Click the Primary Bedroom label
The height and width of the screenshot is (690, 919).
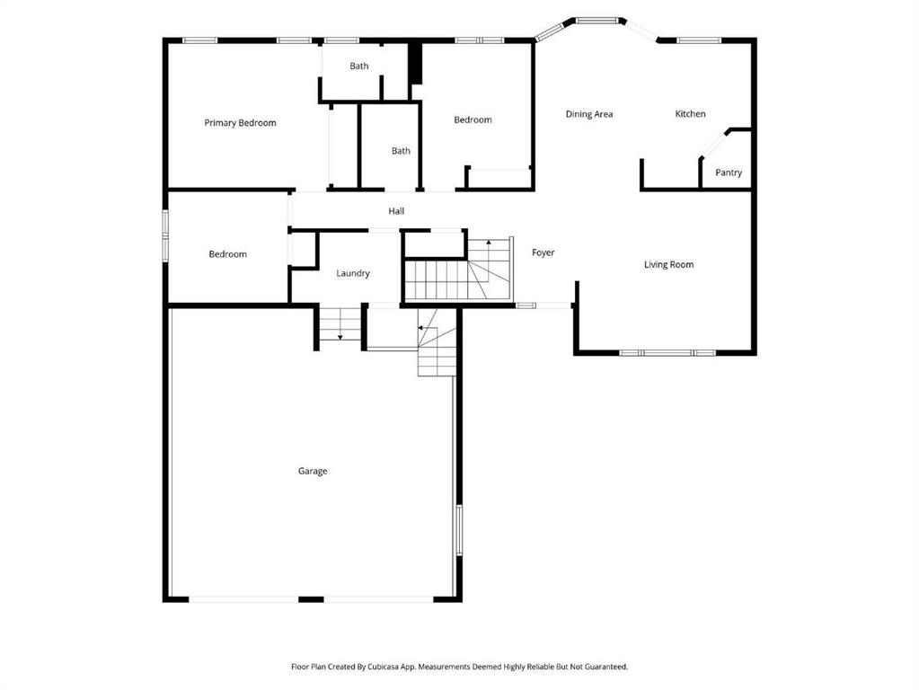[240, 122]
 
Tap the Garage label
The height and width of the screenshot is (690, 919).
[313, 471]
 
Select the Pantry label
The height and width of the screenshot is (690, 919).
[729, 172]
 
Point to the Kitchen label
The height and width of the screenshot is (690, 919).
[690, 114]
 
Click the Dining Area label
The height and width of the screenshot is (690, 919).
[589, 114]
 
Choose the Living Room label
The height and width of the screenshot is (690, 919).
[668, 264]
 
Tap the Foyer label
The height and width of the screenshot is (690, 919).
[543, 252]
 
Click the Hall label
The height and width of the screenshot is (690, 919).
[396, 211]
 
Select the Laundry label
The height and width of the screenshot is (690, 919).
[353, 273]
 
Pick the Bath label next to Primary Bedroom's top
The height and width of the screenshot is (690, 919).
[359, 66]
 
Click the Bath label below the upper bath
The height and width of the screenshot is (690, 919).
[401, 151]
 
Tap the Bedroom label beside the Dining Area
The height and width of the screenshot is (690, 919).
[473, 119]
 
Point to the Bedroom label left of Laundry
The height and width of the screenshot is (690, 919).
[228, 254]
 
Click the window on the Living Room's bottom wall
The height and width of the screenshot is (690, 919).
[667, 353]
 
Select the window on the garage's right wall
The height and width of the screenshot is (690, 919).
[459, 530]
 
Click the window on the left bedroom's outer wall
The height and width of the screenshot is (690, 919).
[166, 235]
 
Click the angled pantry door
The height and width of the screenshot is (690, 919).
[713, 145]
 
